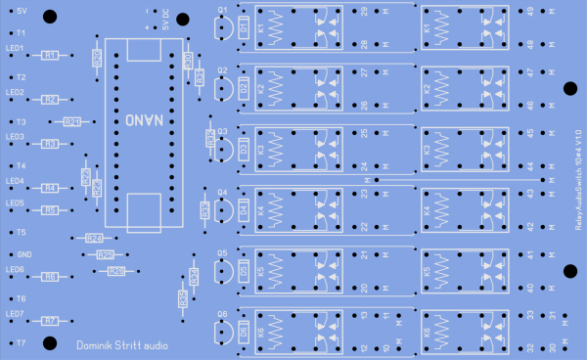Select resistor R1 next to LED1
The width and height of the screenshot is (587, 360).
50,56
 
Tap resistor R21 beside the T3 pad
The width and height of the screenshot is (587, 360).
71,122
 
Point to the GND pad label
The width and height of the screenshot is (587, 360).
24,253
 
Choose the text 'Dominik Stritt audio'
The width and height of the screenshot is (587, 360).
121,344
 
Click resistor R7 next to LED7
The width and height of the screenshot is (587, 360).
50,320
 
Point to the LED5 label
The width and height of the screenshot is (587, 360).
15,203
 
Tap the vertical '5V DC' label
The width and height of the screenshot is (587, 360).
165,20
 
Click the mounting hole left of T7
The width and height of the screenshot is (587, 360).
6,342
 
